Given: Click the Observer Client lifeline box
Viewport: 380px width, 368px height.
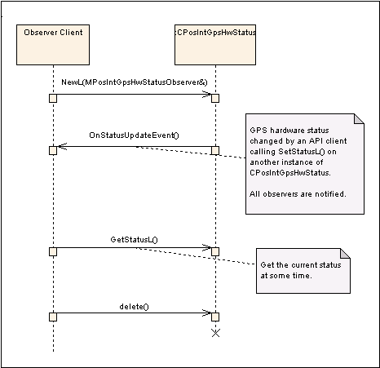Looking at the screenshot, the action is pyautogui.click(x=53, y=45).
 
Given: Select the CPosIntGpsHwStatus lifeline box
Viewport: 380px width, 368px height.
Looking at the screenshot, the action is pyautogui.click(x=215, y=45).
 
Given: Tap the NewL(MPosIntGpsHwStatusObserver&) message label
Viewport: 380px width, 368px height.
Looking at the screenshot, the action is pyautogui.click(x=135, y=82).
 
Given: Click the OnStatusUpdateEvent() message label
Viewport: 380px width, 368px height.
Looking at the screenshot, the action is pyautogui.click(x=134, y=135).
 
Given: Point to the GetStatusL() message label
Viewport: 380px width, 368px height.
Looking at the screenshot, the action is pyautogui.click(x=134, y=240).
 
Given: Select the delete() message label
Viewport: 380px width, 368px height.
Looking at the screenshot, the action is pyautogui.click(x=134, y=307).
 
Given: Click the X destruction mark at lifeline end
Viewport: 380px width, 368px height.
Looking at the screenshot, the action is pyautogui.click(x=215, y=333).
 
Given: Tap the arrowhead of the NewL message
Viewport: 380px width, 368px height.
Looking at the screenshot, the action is pyautogui.click(x=207, y=95).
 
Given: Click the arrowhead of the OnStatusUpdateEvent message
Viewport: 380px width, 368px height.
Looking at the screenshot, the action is pyautogui.click(x=62, y=146).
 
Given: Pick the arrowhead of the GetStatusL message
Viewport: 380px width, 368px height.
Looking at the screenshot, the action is pyautogui.click(x=207, y=247).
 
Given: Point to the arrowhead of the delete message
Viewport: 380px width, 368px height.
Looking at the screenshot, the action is pyautogui.click(x=207, y=313).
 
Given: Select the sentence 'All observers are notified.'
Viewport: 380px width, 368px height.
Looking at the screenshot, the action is pyautogui.click(x=298, y=194).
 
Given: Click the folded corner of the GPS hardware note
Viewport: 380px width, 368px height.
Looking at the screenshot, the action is pyautogui.click(x=359, y=119).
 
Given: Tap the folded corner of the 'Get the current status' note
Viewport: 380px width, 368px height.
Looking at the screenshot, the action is pyautogui.click(x=345, y=253).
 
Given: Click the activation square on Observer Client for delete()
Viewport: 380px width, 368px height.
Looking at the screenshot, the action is pyautogui.click(x=53, y=317).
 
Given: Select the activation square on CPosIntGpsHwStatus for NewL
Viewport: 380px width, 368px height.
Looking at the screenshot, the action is pyautogui.click(x=215, y=98).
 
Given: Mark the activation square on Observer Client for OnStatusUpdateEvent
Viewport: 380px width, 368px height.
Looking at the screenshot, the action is pyautogui.click(x=53, y=150).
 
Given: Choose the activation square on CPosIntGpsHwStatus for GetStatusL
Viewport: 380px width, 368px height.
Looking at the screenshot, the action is pyautogui.click(x=215, y=251).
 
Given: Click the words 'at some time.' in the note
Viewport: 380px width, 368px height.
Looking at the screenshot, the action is pyautogui.click(x=286, y=276).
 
